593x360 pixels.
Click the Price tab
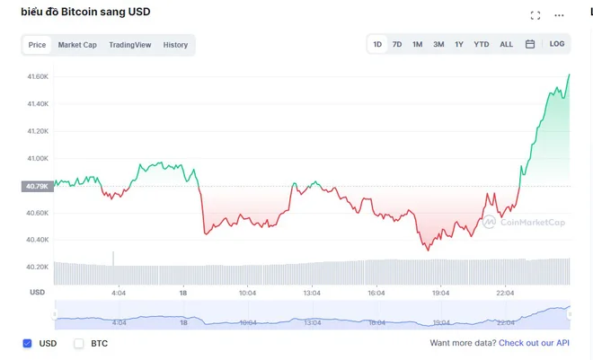[x=37, y=45]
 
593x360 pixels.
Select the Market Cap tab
[x=77, y=45]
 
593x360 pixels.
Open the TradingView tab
[x=130, y=45]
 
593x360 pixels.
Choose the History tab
[x=175, y=45]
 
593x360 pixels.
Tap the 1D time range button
[x=377, y=44]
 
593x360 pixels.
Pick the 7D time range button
[x=397, y=44]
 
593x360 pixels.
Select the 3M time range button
[x=438, y=44]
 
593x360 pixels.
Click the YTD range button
[x=482, y=44]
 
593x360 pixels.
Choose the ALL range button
[x=507, y=44]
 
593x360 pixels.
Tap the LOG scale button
[x=557, y=44]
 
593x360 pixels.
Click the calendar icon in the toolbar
[x=530, y=44]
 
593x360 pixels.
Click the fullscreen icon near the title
[x=535, y=15]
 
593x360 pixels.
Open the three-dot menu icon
[x=561, y=15]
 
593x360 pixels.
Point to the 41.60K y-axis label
[x=37, y=76]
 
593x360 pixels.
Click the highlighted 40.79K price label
[x=37, y=187]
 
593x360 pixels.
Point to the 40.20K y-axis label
[x=37, y=267]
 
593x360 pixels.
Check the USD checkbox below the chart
[x=27, y=343]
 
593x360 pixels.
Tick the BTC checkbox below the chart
[x=79, y=343]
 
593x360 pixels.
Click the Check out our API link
[x=535, y=343]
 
